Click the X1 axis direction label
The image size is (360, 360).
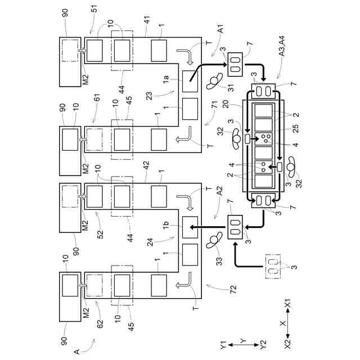(287, 305)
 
